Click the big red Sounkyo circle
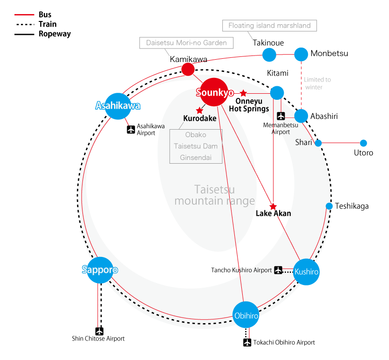pos(215,92)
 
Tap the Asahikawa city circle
pos(118,106)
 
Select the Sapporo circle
pos(100,270)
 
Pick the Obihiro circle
pos(246,316)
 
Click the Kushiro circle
pos(307,271)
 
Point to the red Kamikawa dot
pos(188,70)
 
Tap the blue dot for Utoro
pos(363,143)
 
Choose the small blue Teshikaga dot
pos(329,206)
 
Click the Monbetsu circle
pos(301,54)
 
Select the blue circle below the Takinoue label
pos(269,55)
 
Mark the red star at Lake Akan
pos(273,207)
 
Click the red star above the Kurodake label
pos(199,111)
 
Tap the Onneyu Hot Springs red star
pos(243,93)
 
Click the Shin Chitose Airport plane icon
pos(99,331)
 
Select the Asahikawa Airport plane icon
pos(131,129)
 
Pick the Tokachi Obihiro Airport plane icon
pos(247,342)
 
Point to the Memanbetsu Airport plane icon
pos(281,116)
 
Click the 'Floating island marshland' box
pos(270,26)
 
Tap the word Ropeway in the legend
pos(55,34)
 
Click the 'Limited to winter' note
pos(317,83)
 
